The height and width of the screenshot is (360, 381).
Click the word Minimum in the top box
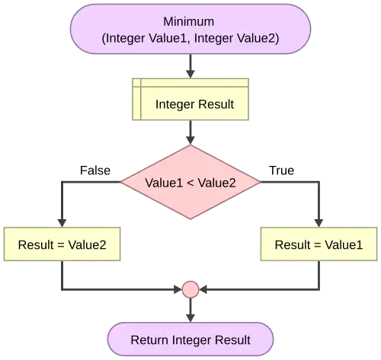[x=190, y=21]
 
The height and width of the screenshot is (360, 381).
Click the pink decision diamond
[x=190, y=183]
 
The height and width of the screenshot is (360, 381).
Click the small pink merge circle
[x=190, y=289]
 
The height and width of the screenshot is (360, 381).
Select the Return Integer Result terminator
[x=190, y=339]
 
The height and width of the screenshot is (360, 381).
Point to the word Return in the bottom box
[x=149, y=339]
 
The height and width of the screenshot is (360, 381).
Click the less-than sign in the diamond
[x=190, y=183]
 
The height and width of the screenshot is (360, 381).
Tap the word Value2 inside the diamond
[x=216, y=183]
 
